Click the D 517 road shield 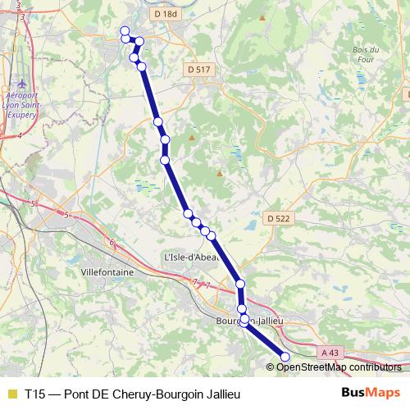199,71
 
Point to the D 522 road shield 279,219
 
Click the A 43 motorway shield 330,353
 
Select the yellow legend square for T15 11,394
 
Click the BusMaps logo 371,393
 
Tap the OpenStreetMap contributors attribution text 337,367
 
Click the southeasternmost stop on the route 285,357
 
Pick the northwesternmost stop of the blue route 125,31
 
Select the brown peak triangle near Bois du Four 262,17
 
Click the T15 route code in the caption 35,394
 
